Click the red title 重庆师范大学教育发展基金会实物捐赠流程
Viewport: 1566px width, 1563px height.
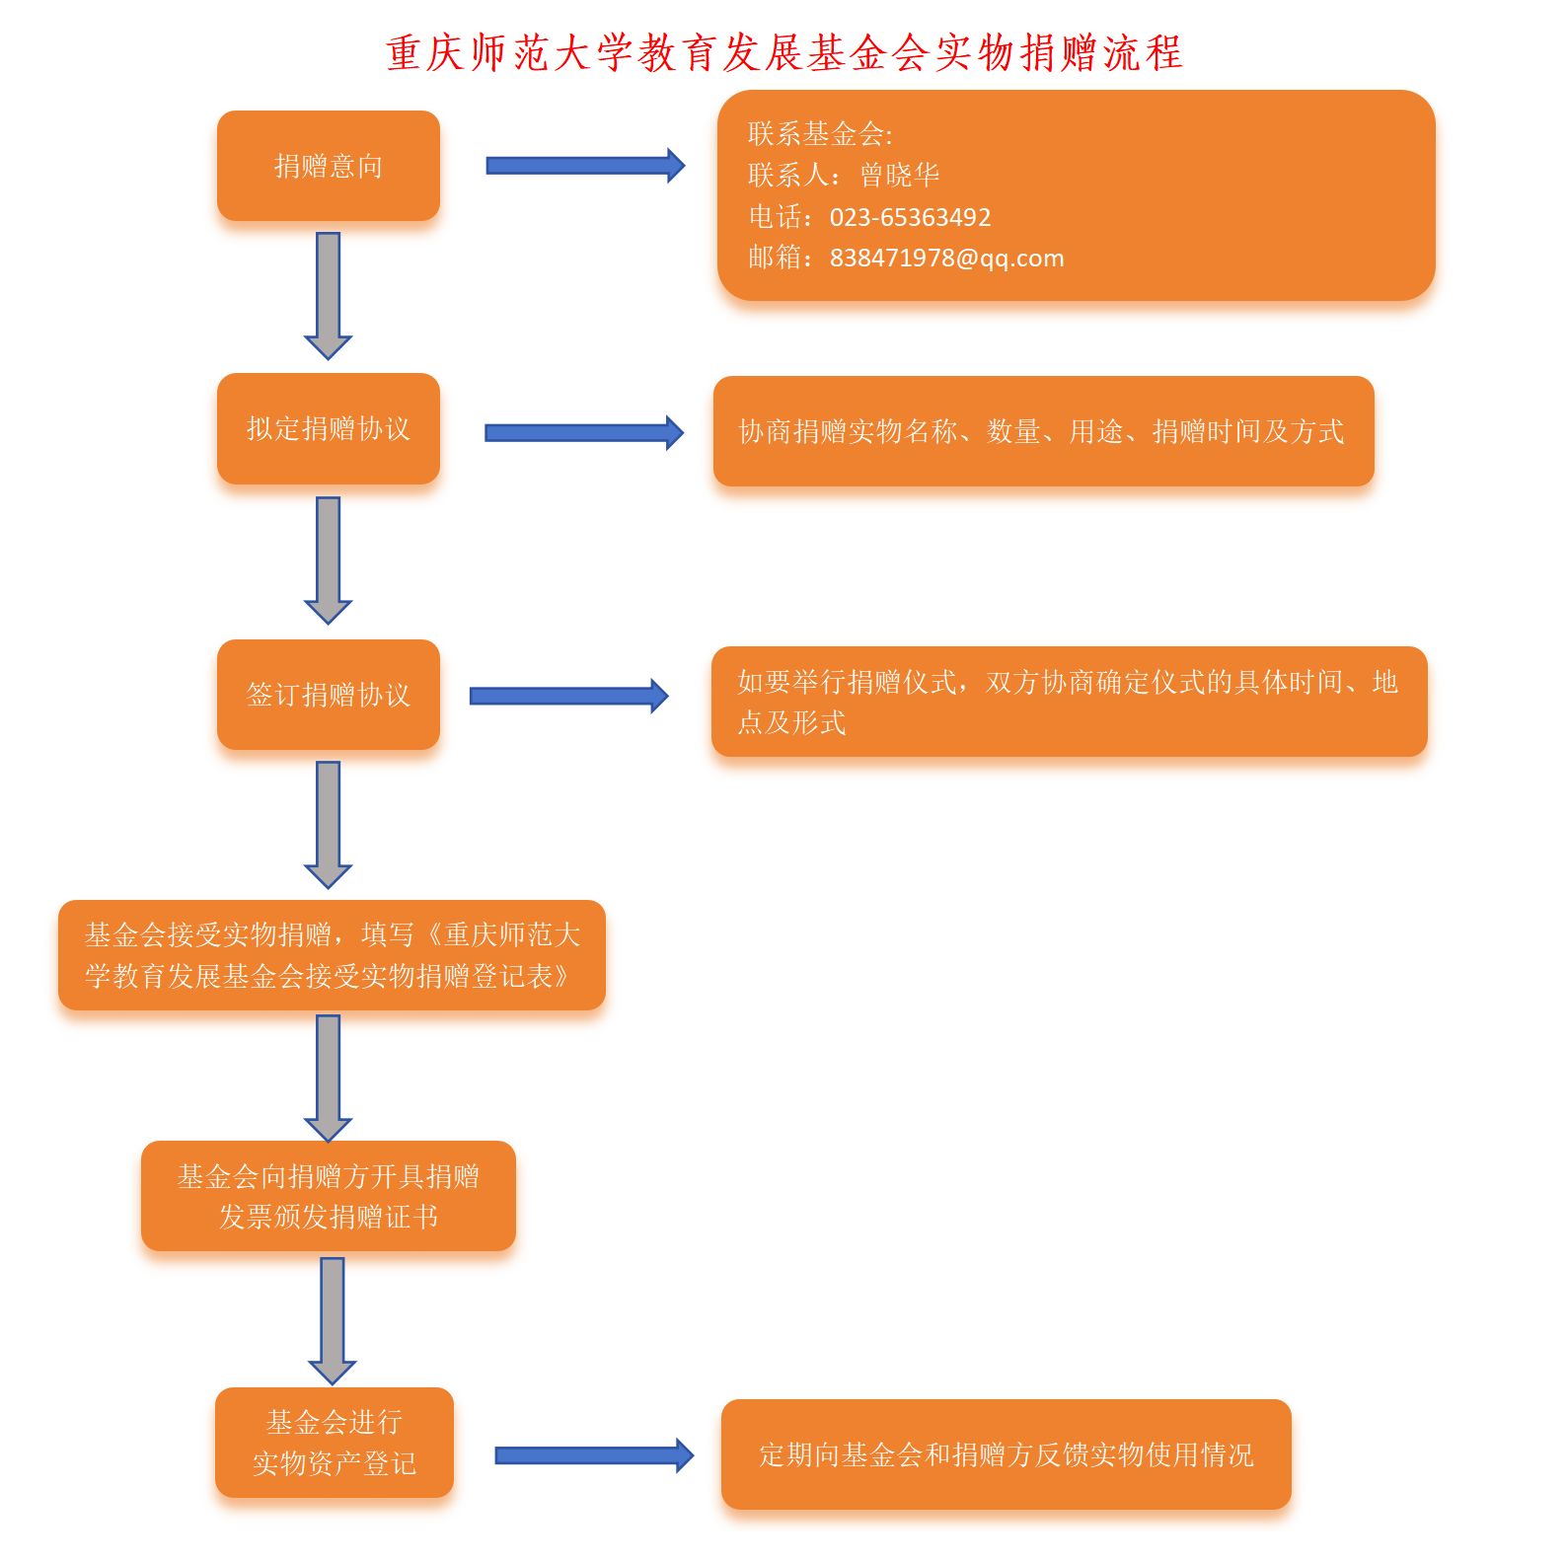784,52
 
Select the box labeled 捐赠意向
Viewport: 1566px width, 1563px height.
329,166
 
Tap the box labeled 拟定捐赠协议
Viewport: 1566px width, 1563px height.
329,428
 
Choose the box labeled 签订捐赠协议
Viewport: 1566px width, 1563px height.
329,695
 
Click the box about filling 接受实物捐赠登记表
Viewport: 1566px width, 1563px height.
332,955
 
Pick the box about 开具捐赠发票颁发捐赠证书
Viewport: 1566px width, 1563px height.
329,1196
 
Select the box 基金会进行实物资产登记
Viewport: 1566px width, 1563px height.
335,1443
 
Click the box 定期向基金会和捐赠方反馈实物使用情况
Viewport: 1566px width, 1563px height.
1007,1454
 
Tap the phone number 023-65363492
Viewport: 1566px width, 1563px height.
910,217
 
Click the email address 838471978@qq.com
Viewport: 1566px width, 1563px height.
946,258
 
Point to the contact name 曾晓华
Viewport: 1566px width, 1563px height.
899,175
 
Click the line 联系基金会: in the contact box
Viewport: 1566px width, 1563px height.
820,133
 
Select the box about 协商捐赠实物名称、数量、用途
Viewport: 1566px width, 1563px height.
1044,431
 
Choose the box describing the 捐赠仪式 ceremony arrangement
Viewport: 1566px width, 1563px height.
1070,702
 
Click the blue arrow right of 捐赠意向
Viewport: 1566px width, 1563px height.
585,166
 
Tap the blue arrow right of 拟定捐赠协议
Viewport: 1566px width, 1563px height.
584,432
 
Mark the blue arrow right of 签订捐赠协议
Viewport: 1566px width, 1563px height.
569,696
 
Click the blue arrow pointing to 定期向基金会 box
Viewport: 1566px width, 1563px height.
594,1455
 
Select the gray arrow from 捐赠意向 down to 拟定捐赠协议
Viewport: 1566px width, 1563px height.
329,296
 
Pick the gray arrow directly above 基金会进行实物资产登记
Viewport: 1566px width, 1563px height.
333,1320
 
